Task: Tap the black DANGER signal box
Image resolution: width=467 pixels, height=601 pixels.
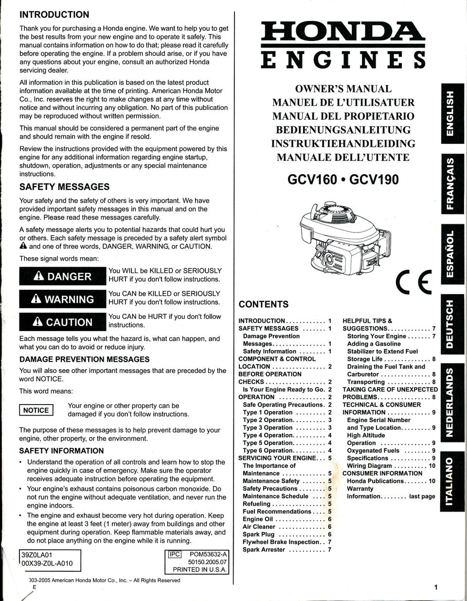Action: (63, 276)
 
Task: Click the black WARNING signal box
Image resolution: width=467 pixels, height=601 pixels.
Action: (63, 299)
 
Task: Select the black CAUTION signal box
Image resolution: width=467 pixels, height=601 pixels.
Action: (63, 322)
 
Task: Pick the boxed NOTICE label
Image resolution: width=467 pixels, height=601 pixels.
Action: (36, 410)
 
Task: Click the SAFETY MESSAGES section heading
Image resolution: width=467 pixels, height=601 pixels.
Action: (64, 187)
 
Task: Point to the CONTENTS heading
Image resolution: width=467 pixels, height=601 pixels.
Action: (263, 304)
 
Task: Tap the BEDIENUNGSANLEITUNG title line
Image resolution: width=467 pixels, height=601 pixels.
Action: (343, 130)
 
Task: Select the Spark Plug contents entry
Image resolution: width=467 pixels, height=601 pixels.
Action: (259, 534)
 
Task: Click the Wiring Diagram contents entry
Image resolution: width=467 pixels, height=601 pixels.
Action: (370, 466)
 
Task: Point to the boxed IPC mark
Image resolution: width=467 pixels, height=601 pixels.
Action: (174, 554)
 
